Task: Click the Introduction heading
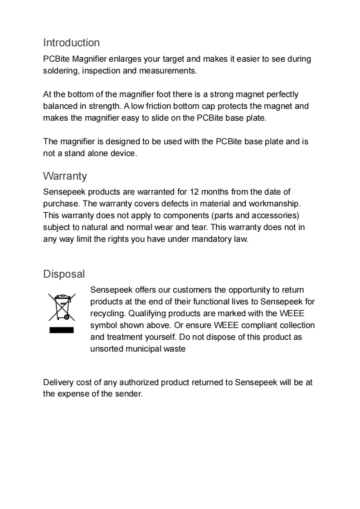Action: [x=71, y=43]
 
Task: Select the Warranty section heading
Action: [x=65, y=176]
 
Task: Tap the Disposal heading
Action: [x=64, y=274]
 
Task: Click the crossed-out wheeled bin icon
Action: [x=61, y=307]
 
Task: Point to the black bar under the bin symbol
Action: [x=61, y=330]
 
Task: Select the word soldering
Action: [x=59, y=71]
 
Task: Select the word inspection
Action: [x=101, y=71]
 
